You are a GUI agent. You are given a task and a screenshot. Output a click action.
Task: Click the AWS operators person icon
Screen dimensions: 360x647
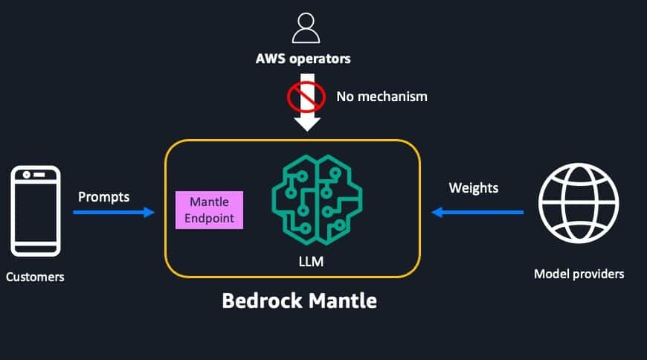306,28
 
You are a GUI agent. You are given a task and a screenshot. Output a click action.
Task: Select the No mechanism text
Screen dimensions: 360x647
382,96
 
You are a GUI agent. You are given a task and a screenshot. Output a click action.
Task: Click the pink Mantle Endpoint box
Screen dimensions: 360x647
209,210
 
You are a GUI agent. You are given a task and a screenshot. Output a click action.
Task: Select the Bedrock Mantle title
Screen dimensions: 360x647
299,302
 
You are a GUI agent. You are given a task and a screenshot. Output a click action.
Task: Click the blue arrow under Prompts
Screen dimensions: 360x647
114,213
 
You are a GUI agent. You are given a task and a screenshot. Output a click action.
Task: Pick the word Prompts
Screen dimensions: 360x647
103,197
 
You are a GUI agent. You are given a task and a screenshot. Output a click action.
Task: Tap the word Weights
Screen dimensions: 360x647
473,187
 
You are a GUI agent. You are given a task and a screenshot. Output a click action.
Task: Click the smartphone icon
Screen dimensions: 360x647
36,210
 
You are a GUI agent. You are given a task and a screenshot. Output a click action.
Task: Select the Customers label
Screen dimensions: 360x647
35,277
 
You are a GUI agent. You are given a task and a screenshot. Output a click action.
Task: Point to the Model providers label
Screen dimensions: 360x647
579,274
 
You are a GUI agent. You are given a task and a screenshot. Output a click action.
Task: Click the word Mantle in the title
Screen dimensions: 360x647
343,302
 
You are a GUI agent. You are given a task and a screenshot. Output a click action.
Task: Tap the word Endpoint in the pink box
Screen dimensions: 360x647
209,219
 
